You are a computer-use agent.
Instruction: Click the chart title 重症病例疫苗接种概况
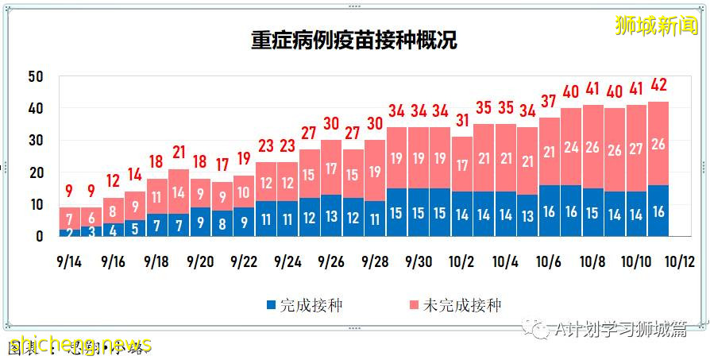click(354, 40)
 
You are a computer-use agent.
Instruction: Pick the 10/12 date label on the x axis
click(680, 261)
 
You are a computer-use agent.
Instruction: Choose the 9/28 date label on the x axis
click(375, 261)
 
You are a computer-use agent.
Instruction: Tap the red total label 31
click(462, 120)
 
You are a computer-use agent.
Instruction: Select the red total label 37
click(549, 101)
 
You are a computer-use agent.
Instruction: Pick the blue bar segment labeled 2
click(70, 233)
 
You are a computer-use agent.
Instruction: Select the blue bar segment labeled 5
click(135, 228)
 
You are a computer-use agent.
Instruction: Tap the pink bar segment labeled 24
click(571, 147)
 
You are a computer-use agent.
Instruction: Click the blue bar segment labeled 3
click(92, 232)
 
